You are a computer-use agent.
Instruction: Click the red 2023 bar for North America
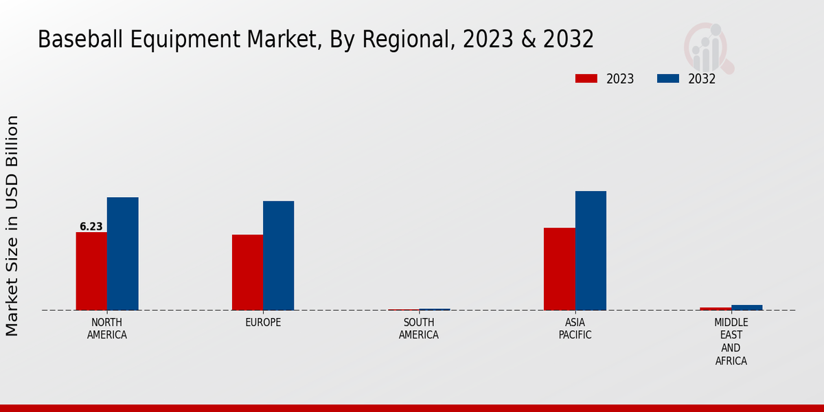tap(91, 271)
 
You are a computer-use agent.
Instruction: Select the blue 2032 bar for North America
tap(122, 253)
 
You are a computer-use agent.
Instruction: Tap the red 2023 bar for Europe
tap(247, 273)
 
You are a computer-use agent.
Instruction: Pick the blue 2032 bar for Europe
tap(278, 255)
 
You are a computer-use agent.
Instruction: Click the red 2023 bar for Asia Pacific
tap(559, 269)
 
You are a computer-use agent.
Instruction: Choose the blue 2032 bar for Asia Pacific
tap(591, 251)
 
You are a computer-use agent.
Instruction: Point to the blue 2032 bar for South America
tap(435, 310)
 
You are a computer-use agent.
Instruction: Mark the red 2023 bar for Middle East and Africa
tap(716, 308)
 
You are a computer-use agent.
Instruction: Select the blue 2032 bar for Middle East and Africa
tap(746, 308)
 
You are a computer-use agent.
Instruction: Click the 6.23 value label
tap(91, 227)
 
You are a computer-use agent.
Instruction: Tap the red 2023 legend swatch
tap(586, 78)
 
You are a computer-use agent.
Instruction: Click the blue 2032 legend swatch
tap(667, 78)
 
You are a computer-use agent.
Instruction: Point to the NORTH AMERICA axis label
tap(107, 329)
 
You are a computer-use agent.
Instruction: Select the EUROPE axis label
tap(263, 323)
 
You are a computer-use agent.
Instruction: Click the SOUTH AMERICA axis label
tap(419, 329)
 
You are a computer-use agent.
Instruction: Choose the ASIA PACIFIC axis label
tap(575, 329)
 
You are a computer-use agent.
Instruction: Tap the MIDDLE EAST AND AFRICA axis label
tap(731, 342)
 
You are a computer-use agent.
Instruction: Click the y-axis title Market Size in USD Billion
tap(12, 226)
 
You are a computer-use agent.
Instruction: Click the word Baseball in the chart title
tap(72, 40)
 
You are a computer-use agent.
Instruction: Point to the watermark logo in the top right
tap(708, 47)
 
